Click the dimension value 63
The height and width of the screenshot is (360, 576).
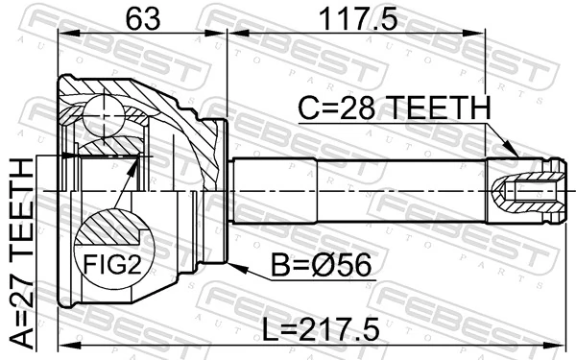[142, 17]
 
